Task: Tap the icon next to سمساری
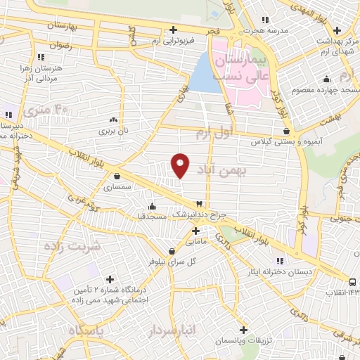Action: point(116,176)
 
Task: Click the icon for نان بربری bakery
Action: point(123,120)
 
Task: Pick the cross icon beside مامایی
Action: point(195,231)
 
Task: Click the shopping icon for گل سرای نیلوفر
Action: point(172,250)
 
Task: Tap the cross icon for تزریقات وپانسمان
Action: point(243,329)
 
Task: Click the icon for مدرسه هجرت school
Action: point(264,20)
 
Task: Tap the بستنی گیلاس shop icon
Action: point(286,131)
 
